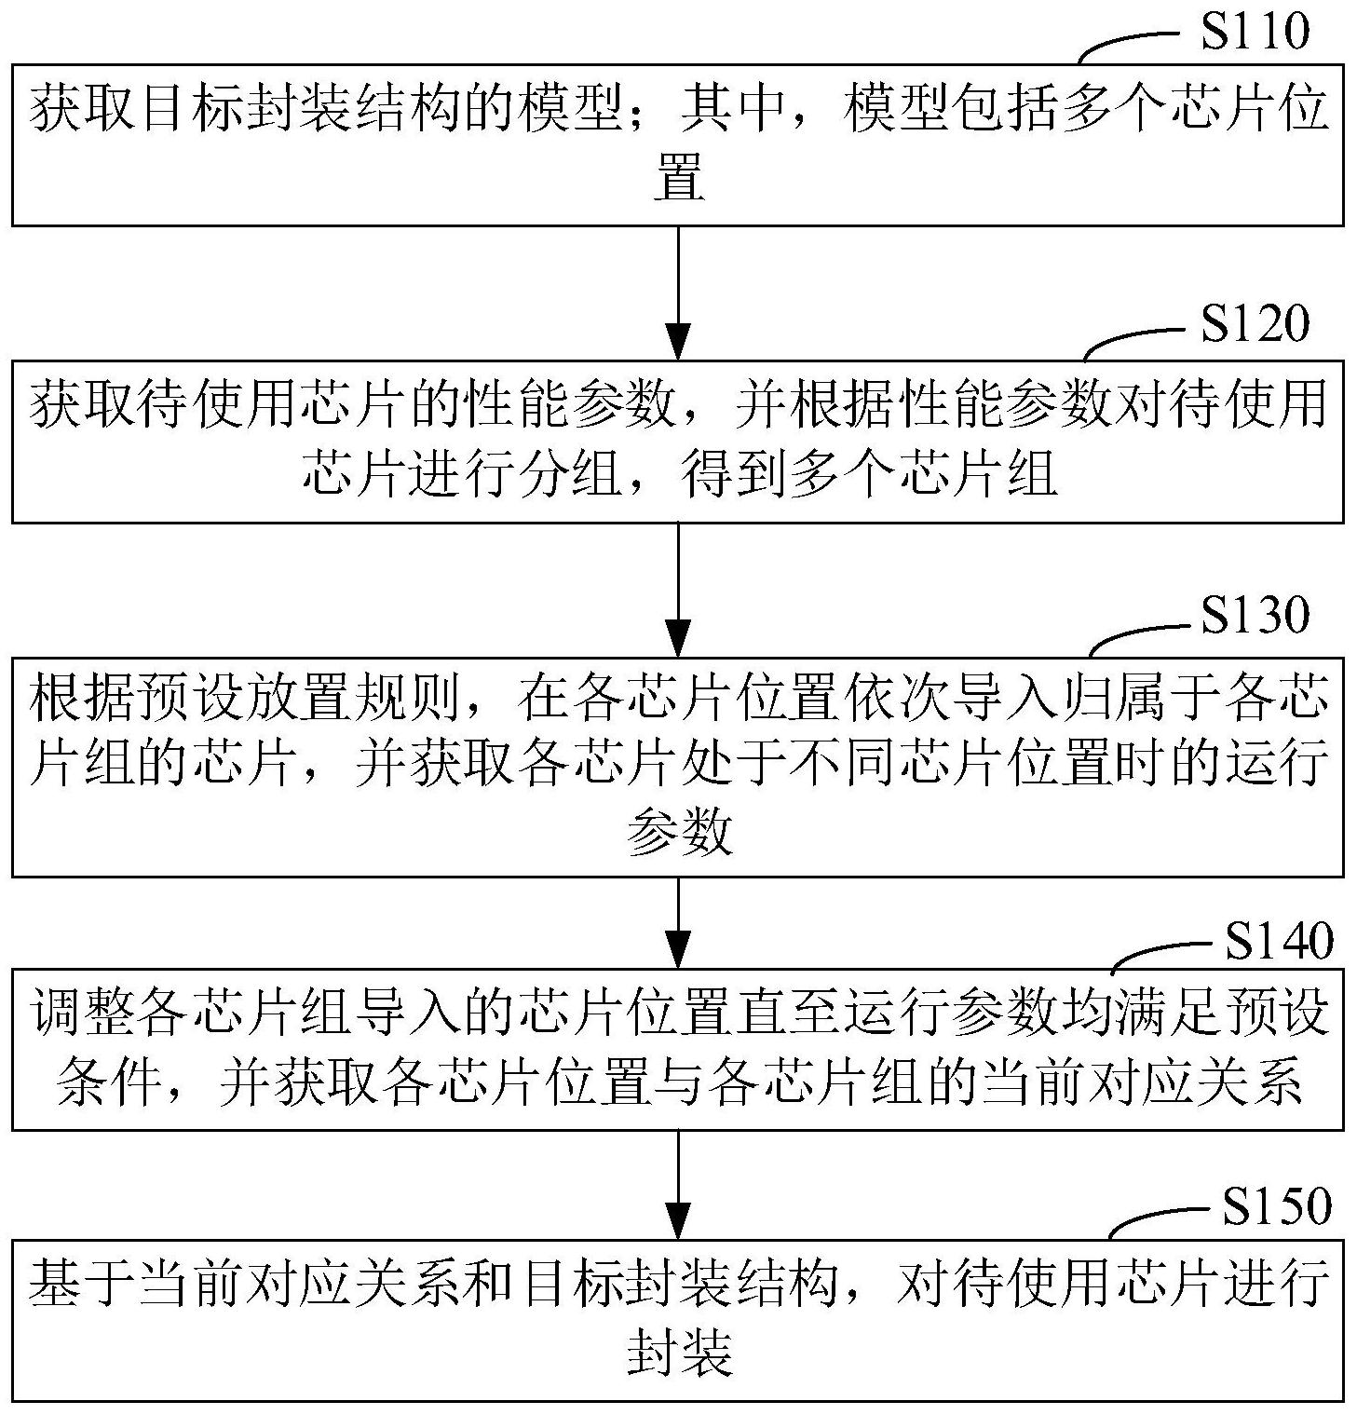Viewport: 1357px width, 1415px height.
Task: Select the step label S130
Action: tap(1254, 615)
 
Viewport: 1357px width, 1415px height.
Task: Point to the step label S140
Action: tap(1278, 942)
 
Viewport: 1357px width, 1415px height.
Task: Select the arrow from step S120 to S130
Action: tap(678, 589)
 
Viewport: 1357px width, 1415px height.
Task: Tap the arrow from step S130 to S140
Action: tap(678, 921)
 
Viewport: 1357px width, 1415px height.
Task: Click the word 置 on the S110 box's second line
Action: tap(678, 179)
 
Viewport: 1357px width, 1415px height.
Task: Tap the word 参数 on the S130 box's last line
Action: tap(678, 832)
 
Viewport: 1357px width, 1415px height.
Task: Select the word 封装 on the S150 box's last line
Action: tap(678, 1353)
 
